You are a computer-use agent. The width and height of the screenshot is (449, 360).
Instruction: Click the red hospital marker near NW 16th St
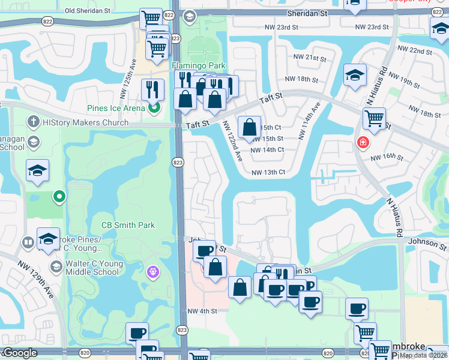363,143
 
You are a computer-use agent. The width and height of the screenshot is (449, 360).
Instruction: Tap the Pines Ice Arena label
116,108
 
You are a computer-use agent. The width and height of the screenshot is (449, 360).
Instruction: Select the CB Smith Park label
128,226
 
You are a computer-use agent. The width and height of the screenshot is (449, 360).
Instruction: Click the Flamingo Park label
190,65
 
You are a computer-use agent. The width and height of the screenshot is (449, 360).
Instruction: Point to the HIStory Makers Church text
85,123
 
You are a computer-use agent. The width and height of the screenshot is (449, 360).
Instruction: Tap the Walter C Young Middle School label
92,267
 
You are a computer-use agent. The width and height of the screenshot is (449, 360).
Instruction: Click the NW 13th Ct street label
268,173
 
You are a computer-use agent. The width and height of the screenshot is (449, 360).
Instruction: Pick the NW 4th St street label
201,311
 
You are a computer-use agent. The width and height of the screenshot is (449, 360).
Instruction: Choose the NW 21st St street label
309,58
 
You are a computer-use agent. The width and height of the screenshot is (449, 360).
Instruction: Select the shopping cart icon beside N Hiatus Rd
375,118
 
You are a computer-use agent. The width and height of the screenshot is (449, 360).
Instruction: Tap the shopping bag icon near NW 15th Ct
249,127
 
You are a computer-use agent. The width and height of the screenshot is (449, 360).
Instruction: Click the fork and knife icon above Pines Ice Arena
152,89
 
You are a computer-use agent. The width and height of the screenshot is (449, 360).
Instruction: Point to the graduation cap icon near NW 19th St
355,74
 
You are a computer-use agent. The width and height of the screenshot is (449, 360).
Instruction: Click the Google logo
20,353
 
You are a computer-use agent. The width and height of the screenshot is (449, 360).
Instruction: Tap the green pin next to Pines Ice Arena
154,108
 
